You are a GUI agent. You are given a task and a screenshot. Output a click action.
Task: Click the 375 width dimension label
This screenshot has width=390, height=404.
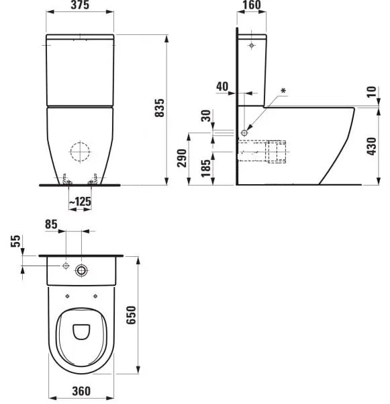[79, 7]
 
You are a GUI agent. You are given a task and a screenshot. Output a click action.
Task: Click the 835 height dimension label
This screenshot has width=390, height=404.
[159, 108]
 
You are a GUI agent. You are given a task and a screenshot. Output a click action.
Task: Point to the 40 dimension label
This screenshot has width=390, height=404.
[222, 85]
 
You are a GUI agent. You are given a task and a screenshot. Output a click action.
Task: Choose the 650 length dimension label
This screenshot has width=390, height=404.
[132, 315]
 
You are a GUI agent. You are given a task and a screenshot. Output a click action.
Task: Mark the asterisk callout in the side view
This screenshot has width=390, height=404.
[284, 90]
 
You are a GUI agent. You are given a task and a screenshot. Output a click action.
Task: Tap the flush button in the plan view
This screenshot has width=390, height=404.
[82, 270]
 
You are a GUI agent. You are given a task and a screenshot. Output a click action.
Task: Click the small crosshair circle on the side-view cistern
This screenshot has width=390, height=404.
[251, 45]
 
